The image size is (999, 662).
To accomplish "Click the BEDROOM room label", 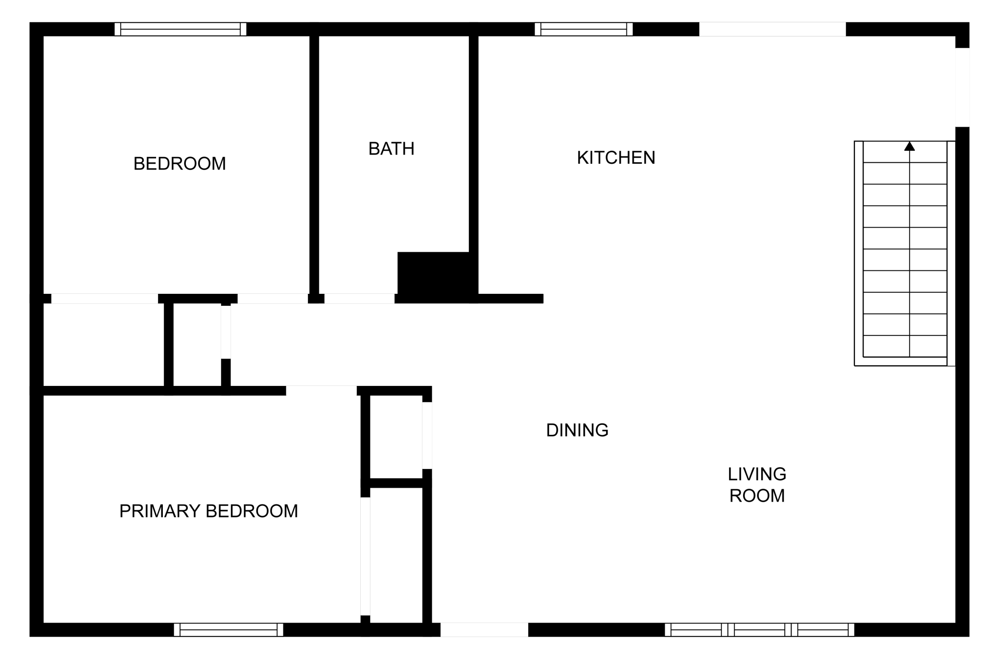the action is [x=180, y=164].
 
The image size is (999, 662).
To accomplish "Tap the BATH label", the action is [x=391, y=149].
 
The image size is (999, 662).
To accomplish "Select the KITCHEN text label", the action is [x=616, y=157].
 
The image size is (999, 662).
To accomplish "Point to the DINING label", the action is [x=577, y=430].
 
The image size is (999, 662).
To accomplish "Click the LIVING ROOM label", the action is [x=757, y=485].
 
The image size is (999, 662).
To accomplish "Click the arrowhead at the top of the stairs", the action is [x=910, y=146].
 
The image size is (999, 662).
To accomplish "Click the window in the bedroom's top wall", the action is [x=181, y=29].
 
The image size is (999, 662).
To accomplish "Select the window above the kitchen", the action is [x=584, y=29].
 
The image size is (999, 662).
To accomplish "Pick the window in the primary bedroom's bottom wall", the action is [x=229, y=630].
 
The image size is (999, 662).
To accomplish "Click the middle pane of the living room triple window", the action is [x=760, y=630].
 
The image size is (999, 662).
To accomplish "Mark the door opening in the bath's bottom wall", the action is [x=360, y=299].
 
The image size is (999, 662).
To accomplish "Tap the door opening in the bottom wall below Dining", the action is [x=484, y=630].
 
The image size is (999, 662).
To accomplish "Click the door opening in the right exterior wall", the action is [x=962, y=87].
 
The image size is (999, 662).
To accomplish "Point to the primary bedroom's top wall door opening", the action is [x=321, y=391].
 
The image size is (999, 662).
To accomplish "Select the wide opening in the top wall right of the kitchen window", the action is [x=772, y=29].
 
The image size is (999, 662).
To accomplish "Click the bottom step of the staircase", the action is [x=905, y=346].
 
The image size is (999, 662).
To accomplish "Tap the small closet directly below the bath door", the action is [x=197, y=345].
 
